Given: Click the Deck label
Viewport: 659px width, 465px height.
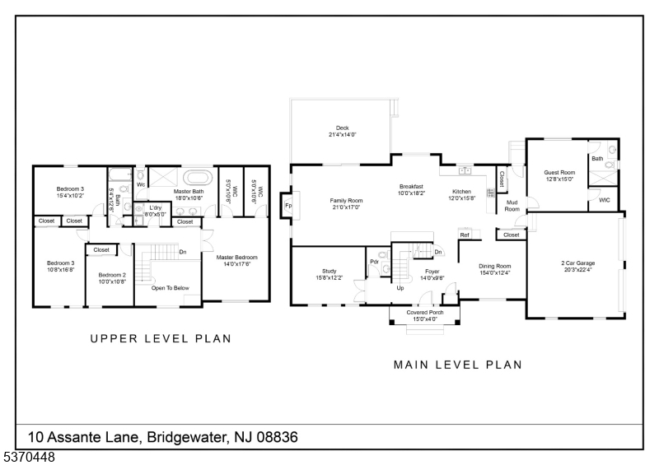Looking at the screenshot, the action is pyautogui.click(x=342, y=128).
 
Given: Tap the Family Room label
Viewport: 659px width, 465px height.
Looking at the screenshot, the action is pyautogui.click(x=346, y=201).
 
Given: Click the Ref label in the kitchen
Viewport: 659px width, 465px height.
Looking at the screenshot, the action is pyautogui.click(x=465, y=235).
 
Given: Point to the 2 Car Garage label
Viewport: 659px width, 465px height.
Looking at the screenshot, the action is pyautogui.click(x=578, y=263).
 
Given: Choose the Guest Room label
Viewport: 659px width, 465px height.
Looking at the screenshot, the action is pyautogui.click(x=559, y=172).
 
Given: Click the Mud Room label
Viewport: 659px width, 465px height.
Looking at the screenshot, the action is pyautogui.click(x=512, y=206).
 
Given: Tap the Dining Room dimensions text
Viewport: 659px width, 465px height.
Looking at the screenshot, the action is pyautogui.click(x=495, y=273).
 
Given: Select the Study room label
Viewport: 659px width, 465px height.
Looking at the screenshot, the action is pyautogui.click(x=329, y=272).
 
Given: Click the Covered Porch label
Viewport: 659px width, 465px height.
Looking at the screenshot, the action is pyautogui.click(x=425, y=313).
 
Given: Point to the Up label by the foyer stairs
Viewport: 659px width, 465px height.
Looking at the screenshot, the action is pyautogui.click(x=400, y=288).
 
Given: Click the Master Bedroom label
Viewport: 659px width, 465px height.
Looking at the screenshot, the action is pyautogui.click(x=236, y=258).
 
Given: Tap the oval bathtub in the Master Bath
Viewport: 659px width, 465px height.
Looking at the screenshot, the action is pyautogui.click(x=197, y=177).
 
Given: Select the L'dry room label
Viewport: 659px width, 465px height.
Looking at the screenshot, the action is pyautogui.click(x=156, y=208).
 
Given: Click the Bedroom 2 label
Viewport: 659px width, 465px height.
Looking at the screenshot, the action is pyautogui.click(x=112, y=275).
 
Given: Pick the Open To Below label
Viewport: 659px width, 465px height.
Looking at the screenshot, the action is pyautogui.click(x=171, y=288).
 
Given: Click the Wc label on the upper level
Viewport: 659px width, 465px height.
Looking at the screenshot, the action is pyautogui.click(x=141, y=185).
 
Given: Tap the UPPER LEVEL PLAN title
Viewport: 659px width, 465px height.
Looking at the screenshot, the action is pyautogui.click(x=161, y=338).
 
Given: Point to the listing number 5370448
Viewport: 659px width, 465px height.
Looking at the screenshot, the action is pyautogui.click(x=29, y=457).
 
